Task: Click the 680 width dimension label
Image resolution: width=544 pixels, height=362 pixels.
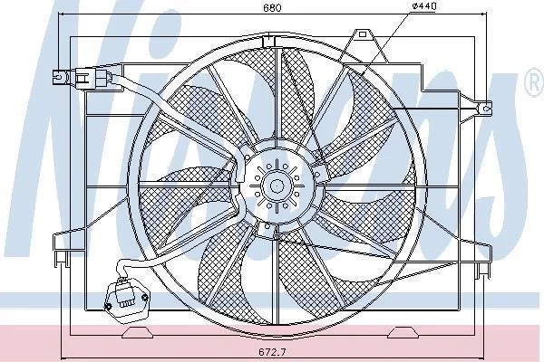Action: coord(272,7)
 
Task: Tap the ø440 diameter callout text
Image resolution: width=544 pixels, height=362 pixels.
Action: coord(424,6)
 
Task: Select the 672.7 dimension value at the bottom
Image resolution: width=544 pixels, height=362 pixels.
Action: coord(272,352)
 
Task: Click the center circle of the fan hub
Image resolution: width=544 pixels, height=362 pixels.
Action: coord(277,186)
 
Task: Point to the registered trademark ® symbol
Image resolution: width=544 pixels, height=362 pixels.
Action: coord(535,82)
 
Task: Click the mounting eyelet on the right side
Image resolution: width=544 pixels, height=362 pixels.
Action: coord(486,109)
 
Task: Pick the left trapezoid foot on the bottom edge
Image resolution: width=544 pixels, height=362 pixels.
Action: coord(138,332)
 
